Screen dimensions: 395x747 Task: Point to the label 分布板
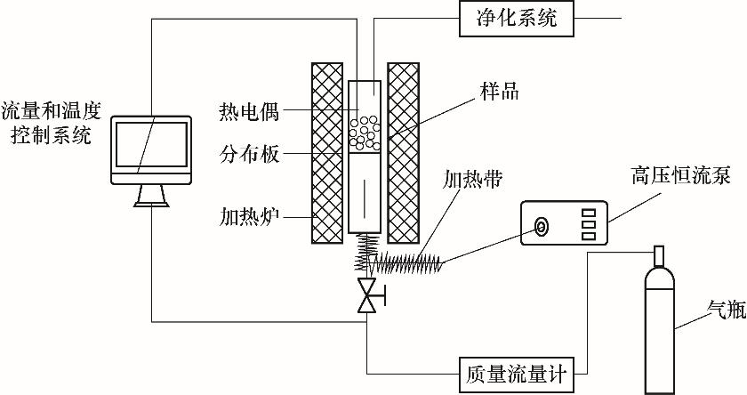coord(249,155)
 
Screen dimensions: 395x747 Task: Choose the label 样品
coord(498,91)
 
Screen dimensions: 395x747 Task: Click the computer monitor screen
coord(152,146)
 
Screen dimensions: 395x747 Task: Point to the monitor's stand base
coord(151,201)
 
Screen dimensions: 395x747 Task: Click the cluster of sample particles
coord(365,132)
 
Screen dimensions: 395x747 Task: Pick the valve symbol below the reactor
coord(365,295)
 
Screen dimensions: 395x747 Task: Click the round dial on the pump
coord(540,228)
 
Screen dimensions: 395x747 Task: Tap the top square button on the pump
coord(588,214)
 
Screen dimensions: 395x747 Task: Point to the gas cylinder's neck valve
coord(658,256)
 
